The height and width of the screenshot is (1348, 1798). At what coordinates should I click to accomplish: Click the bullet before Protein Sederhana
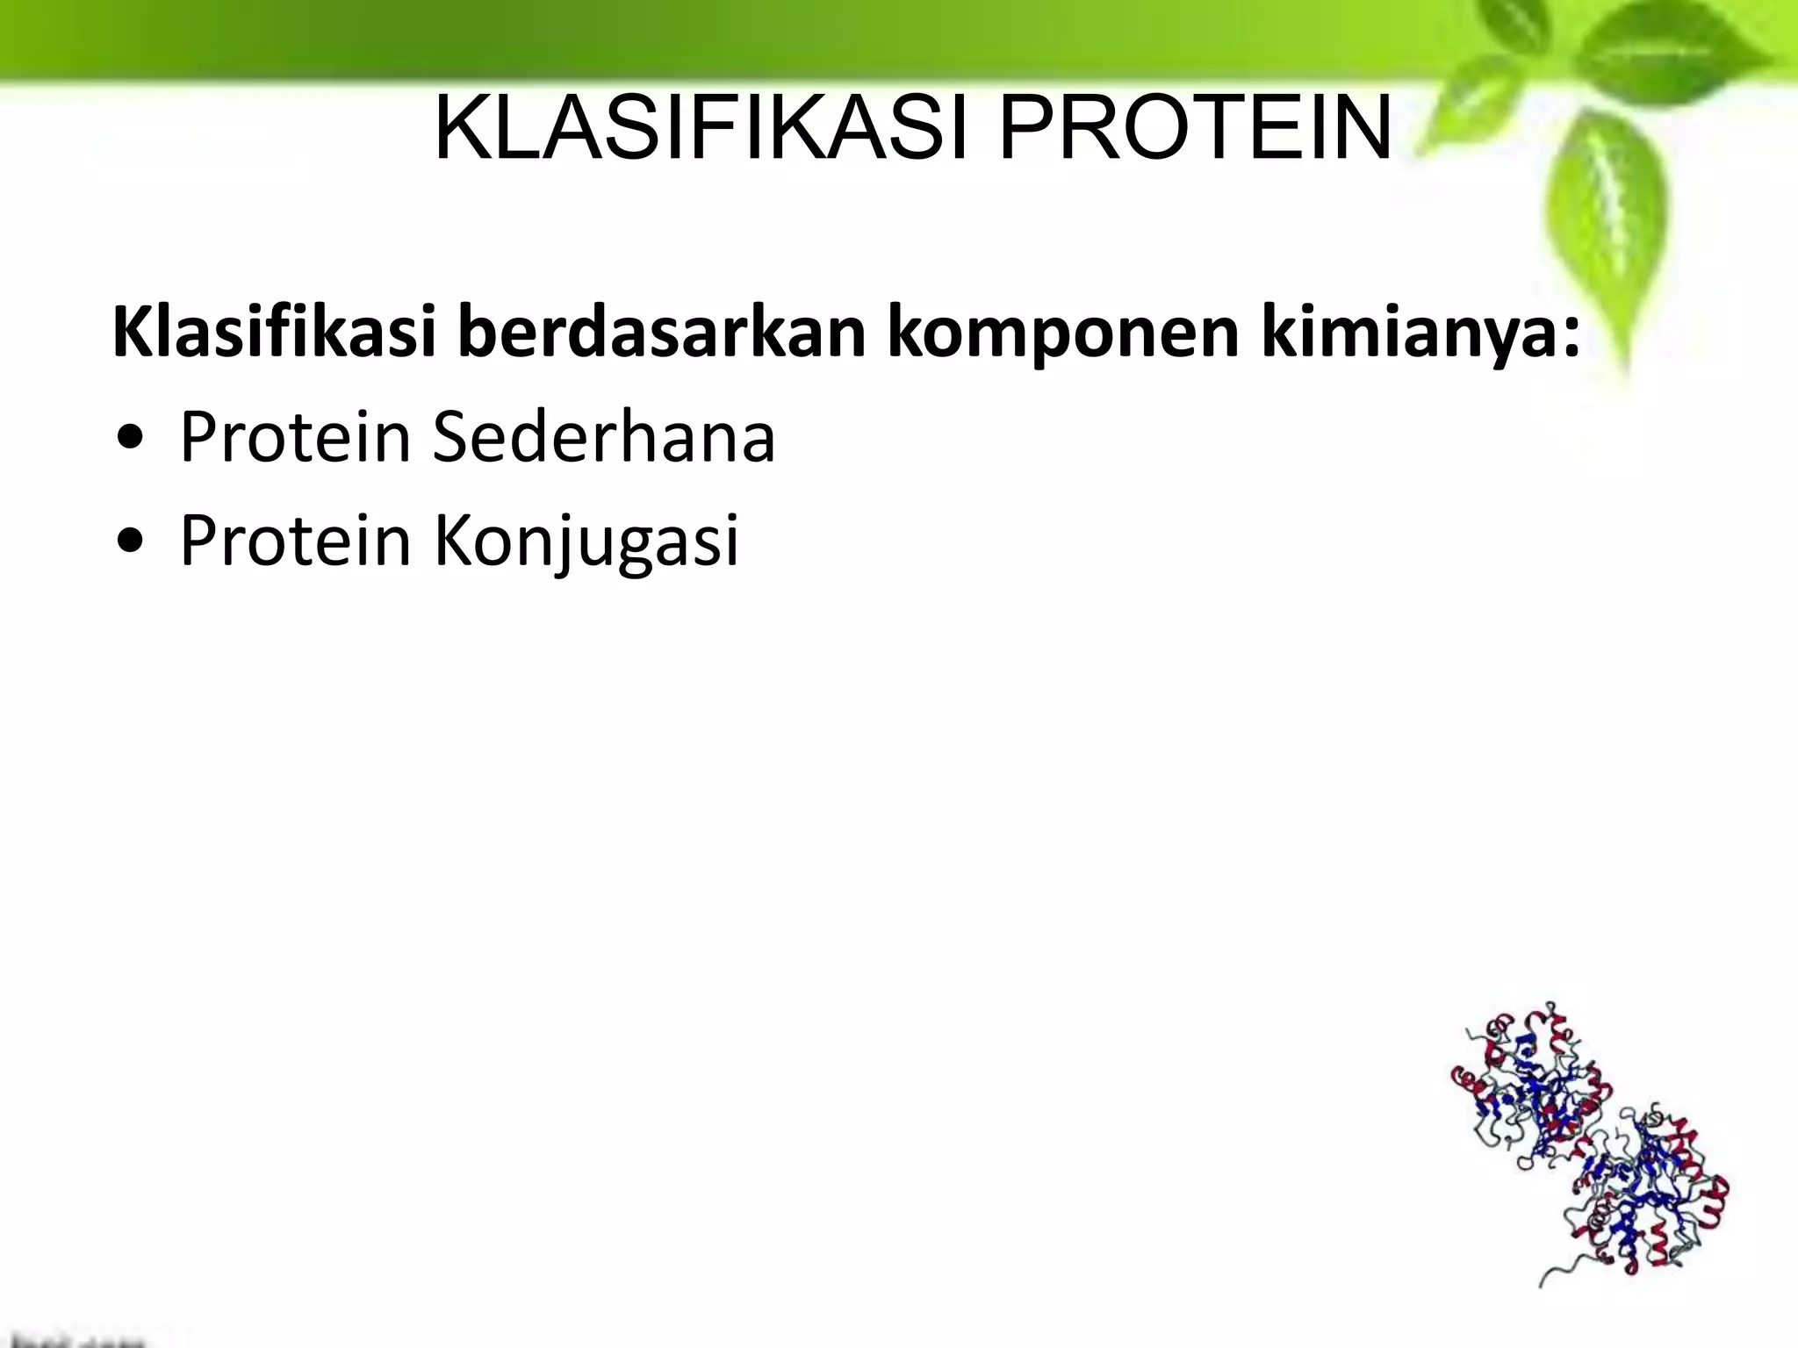[129, 439]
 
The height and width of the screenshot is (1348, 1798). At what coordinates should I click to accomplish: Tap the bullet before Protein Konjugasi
[129, 542]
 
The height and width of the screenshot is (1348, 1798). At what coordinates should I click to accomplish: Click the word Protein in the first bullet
[295, 436]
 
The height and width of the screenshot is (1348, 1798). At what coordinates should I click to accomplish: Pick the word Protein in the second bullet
[295, 539]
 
